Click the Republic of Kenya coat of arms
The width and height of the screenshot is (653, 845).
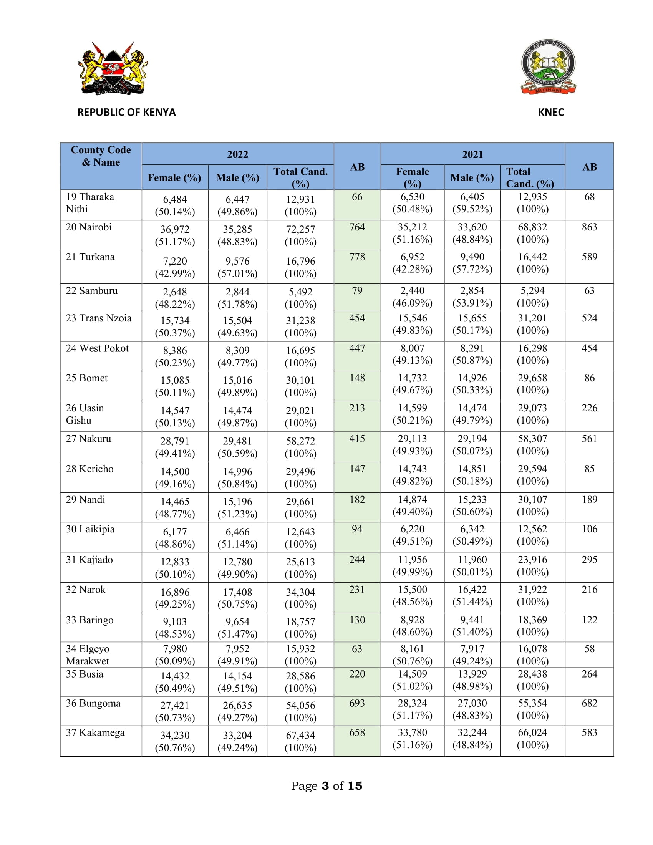pos(113,69)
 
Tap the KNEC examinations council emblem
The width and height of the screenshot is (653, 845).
pos(548,66)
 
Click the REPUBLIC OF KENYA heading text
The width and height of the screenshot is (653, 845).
pos(126,112)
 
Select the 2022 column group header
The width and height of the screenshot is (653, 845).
pos(237,154)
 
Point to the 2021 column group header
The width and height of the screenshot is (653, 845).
pos(472,154)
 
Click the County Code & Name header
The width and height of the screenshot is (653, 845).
pos(101,156)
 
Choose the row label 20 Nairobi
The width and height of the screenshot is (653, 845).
pos(89,227)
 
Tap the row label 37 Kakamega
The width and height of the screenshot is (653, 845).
pos(95,732)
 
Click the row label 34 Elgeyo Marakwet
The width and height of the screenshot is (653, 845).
pos(88,654)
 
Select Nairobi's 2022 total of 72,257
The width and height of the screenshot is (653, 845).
pos(300,229)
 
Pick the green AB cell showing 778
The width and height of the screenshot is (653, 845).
pos(357,257)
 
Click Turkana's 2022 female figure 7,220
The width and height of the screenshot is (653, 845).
pos(175,261)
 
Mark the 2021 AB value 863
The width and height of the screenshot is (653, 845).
pos(589,227)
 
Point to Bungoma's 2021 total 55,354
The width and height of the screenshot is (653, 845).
pos(532,703)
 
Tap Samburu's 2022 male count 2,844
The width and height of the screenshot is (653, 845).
pos(237,292)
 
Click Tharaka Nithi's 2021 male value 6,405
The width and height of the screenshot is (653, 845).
pos(472,197)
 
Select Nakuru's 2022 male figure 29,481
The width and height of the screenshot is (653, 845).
pos(237,441)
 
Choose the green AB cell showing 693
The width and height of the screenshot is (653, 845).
pos(357,703)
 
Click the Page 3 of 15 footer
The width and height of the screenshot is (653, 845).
pos(326,786)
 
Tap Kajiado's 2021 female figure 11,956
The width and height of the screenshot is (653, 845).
pos(413,560)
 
